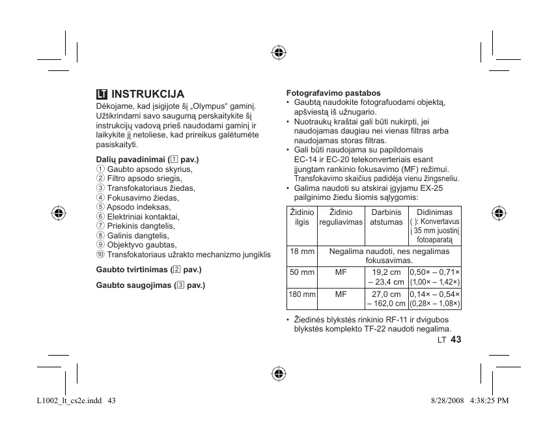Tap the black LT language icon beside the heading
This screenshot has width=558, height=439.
[x=102, y=94]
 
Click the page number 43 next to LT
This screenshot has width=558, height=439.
[x=455, y=340]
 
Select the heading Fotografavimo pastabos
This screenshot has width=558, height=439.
[x=333, y=93]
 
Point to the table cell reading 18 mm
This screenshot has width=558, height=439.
[x=302, y=251]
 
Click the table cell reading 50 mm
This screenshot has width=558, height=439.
[x=302, y=272]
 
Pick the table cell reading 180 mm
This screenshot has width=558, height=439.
[x=302, y=294]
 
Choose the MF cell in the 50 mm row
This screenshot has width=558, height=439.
[x=341, y=272]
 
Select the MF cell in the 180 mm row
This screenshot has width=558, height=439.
[x=341, y=294]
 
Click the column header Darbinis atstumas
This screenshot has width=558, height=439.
[x=386, y=217]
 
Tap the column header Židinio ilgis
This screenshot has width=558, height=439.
[x=302, y=217]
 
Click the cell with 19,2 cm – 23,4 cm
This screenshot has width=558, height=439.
[x=386, y=277]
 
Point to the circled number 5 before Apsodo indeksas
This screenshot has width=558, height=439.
[x=100, y=206]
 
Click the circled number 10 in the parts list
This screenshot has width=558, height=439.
[x=100, y=254]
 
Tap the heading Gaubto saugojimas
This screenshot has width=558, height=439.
[x=150, y=285]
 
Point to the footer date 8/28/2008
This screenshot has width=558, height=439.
[x=447, y=400]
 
